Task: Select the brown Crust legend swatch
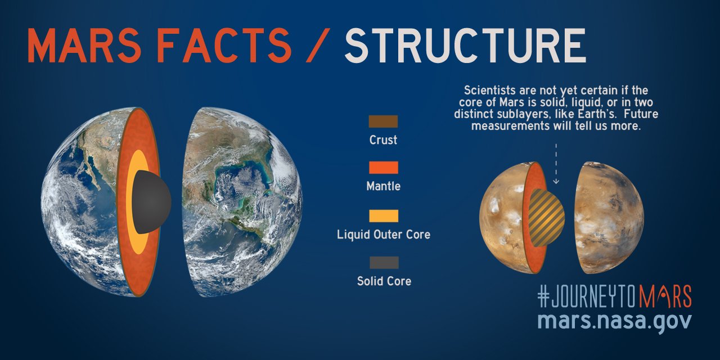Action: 383,121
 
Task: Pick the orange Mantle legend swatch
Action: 383,168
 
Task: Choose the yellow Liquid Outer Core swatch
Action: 383,216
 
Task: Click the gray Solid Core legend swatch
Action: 383,263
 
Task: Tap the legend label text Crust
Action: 383,140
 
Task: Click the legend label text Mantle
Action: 383,186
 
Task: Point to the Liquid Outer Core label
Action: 383,234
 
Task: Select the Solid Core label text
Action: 384,281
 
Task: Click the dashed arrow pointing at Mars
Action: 556,163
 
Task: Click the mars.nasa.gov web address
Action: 614,321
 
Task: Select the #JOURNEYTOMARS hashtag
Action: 614,296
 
